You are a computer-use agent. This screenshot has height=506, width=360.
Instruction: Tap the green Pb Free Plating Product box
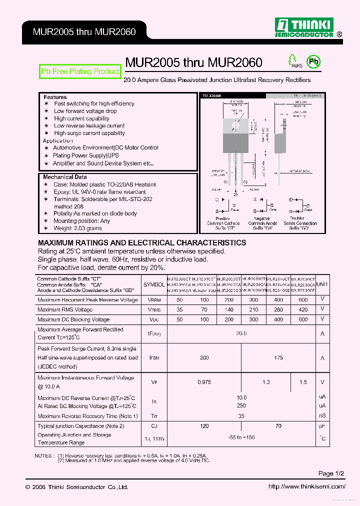(80, 71)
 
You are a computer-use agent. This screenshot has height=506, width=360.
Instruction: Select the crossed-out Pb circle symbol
(313, 62)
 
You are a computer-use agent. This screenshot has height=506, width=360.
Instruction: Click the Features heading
(55, 97)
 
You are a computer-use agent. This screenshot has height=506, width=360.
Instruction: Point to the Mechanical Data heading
(64, 177)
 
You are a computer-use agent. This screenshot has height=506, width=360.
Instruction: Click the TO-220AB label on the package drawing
(211, 95)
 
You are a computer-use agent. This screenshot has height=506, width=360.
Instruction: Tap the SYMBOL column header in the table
(154, 284)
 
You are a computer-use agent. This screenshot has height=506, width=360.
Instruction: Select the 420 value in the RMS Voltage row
(303, 309)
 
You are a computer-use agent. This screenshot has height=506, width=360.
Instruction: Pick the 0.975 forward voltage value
(204, 382)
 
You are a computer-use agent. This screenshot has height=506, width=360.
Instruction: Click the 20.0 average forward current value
(241, 333)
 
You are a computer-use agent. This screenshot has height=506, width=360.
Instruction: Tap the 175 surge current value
(278, 357)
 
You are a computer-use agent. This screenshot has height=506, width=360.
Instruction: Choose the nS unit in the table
(322, 415)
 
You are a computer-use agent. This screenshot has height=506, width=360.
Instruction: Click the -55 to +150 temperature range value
(241, 437)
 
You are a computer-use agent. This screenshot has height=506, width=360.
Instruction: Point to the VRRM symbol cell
(154, 300)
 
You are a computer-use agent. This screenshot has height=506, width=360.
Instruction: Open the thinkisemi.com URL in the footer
(306, 486)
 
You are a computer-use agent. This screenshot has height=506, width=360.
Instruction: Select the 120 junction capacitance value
(204, 426)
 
